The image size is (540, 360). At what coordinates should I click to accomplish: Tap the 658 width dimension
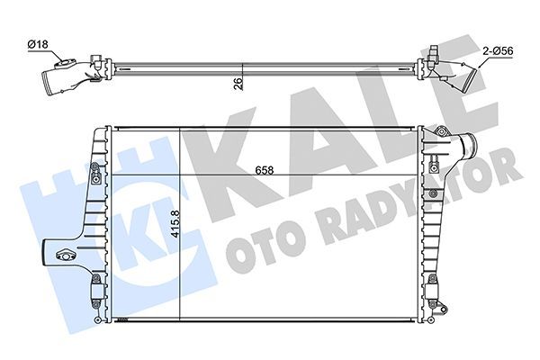264,169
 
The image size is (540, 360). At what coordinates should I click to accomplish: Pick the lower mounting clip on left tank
95,289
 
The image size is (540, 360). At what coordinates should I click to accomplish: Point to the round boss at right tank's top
440,134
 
